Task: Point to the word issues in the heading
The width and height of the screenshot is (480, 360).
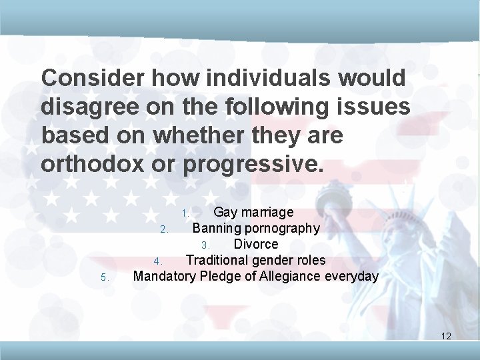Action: click(x=371, y=107)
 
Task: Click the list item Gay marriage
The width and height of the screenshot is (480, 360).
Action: click(x=253, y=213)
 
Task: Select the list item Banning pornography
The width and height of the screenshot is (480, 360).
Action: click(x=256, y=229)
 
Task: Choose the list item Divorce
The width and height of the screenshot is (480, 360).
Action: click(x=256, y=245)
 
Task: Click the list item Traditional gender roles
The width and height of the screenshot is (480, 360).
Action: click(x=255, y=260)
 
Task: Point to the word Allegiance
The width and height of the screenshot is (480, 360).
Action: click(x=287, y=276)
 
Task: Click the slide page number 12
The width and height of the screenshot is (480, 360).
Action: click(x=446, y=336)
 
